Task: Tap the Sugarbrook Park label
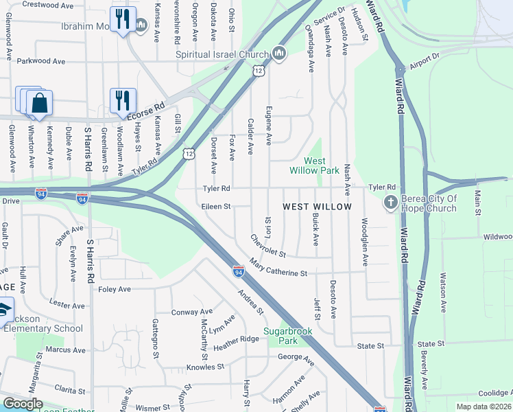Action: [x=287, y=336]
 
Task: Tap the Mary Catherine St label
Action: [x=278, y=268]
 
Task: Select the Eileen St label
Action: [x=215, y=205]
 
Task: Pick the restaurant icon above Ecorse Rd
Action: [x=123, y=102]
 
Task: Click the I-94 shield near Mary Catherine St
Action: [x=238, y=271]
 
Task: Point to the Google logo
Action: [x=22, y=404]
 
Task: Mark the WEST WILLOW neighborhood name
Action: [x=318, y=207]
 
